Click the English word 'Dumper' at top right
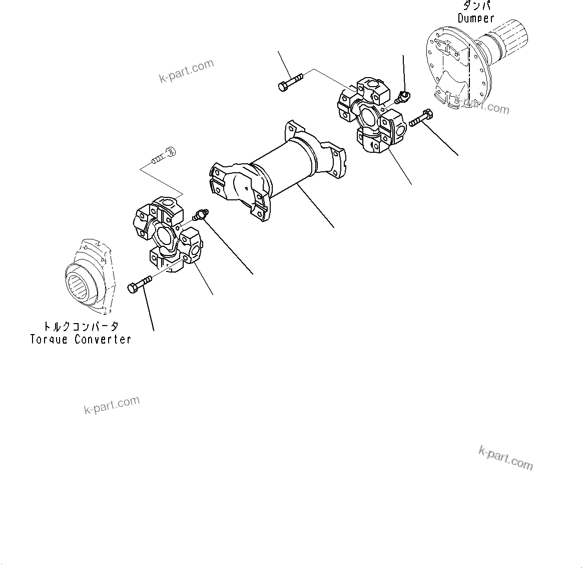[476, 19]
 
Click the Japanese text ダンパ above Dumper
[476, 6]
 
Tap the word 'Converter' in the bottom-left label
[103, 339]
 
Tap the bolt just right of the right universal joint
[420, 119]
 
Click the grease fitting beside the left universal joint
[201, 215]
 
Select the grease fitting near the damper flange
[402, 96]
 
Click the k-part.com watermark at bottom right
[505, 458]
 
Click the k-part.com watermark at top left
[186, 71]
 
